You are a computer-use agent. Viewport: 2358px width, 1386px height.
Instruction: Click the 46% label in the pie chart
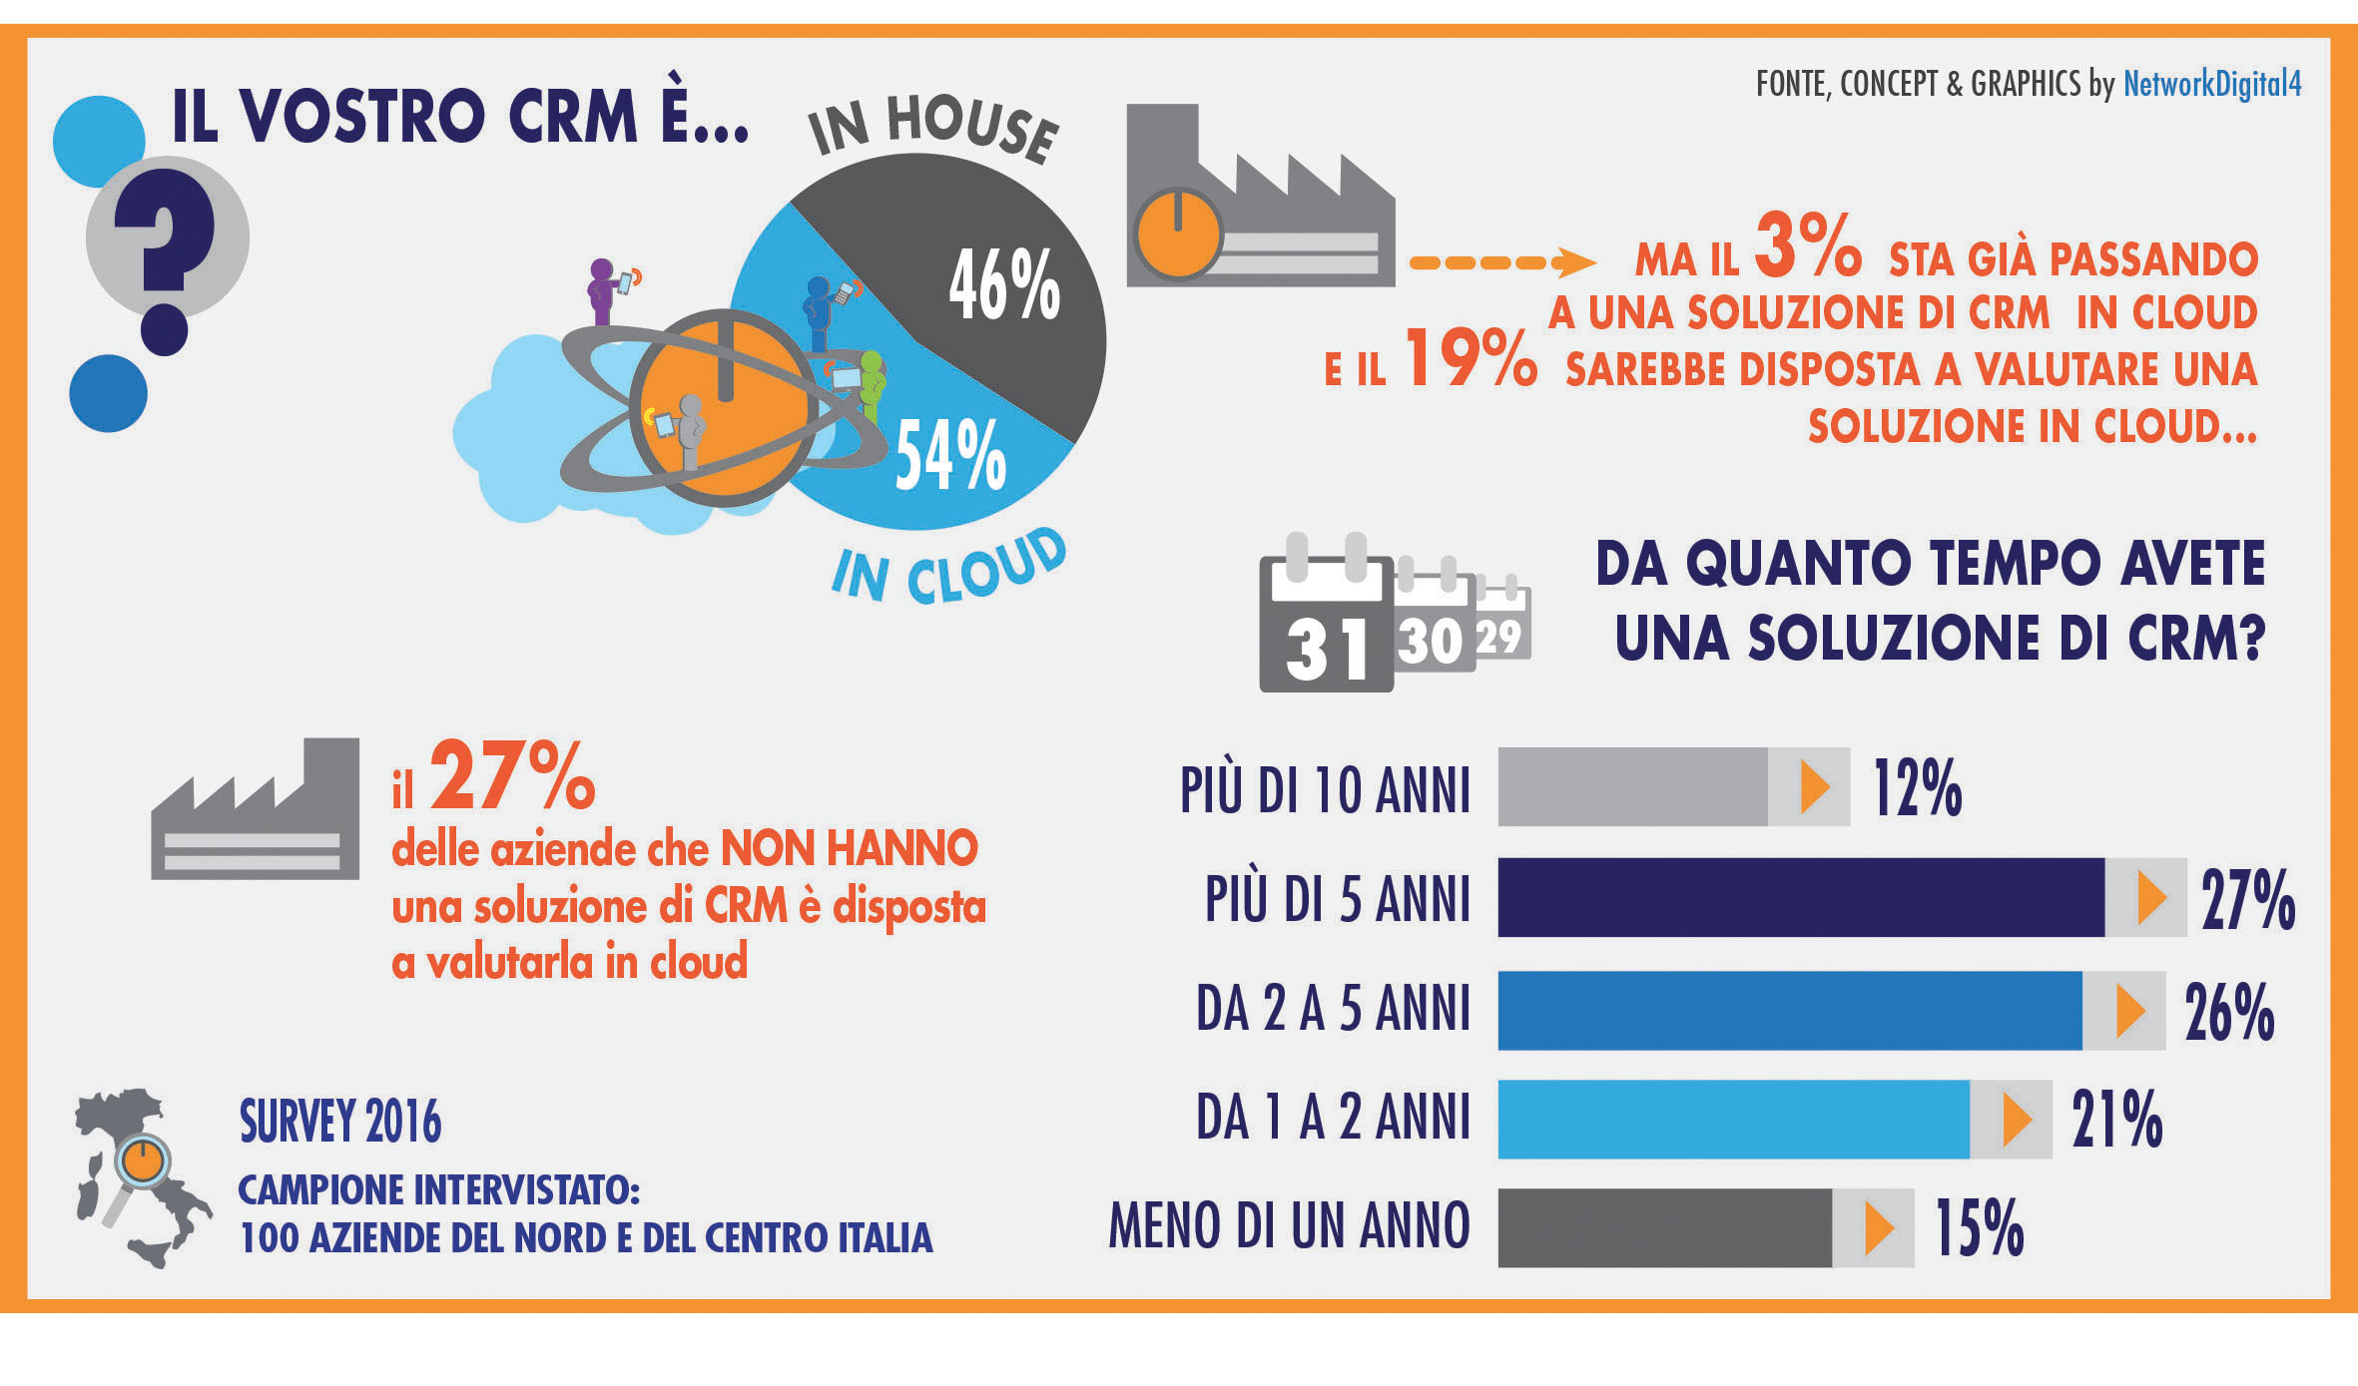(x=1004, y=286)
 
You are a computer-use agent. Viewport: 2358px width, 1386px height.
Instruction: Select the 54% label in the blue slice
(x=950, y=456)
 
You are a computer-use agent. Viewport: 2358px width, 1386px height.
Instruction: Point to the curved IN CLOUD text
(x=948, y=569)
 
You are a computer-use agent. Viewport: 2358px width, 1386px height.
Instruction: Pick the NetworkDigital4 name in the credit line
(x=2212, y=84)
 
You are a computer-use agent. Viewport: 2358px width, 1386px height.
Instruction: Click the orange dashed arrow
(x=1501, y=263)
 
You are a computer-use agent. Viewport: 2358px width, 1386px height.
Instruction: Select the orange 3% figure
(x=1807, y=245)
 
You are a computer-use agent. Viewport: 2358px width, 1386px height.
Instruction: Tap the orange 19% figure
(x=1470, y=358)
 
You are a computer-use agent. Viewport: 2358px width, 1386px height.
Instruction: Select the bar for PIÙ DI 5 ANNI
(x=1801, y=897)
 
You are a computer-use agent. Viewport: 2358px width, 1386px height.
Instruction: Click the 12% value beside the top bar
(x=1917, y=788)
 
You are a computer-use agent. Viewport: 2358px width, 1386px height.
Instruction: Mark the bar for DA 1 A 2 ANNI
(x=1734, y=1119)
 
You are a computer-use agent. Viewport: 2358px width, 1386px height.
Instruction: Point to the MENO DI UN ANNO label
(x=1289, y=1225)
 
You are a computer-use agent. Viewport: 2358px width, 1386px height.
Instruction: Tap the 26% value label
(x=2229, y=1012)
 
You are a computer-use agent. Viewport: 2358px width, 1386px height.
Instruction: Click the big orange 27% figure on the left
(x=512, y=776)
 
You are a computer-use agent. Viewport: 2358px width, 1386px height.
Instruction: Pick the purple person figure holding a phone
(x=603, y=291)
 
